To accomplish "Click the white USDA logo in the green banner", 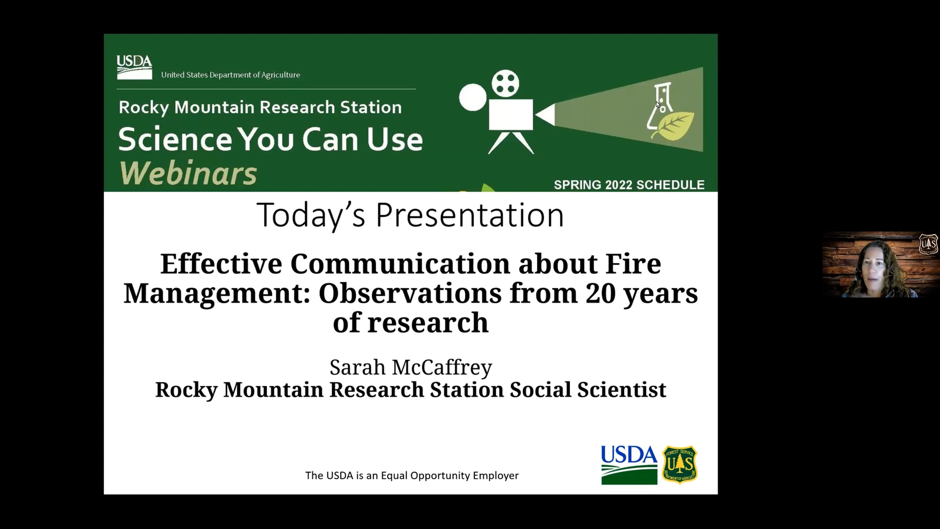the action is coord(134,67).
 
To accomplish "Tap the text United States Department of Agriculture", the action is coord(230,75).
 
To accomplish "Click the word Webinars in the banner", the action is coord(188,173).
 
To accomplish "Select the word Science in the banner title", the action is coord(175,140).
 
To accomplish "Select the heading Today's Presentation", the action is coord(410,215).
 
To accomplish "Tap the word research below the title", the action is coord(428,322).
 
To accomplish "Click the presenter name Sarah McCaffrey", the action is coord(411,367).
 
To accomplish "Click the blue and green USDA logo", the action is coord(629,465).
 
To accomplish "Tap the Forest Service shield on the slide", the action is coord(680,464).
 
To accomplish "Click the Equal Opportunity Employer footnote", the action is coord(412,475).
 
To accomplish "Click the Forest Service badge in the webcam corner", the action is coord(928,244).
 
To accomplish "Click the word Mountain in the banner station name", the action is coord(214,107).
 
